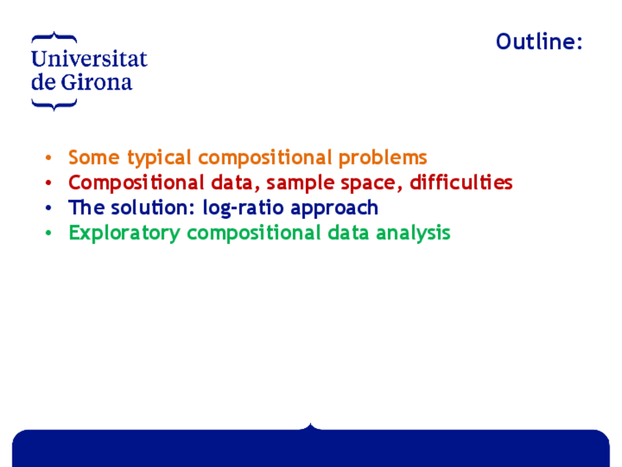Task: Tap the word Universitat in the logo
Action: (x=89, y=59)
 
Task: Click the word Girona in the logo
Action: (x=96, y=82)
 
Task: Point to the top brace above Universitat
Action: (x=54, y=37)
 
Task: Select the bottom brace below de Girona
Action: (x=54, y=105)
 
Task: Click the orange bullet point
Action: (x=48, y=158)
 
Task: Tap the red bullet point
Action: (x=48, y=183)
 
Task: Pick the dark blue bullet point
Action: (x=48, y=208)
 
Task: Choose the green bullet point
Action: (x=48, y=233)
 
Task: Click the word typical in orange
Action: (x=159, y=158)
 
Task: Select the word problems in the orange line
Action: (x=383, y=158)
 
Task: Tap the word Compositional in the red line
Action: (x=136, y=183)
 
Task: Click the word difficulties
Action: (x=461, y=182)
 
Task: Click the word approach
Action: (x=334, y=208)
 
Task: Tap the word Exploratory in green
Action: (x=124, y=233)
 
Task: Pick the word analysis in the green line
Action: (x=414, y=233)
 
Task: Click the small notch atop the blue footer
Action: (x=310, y=427)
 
